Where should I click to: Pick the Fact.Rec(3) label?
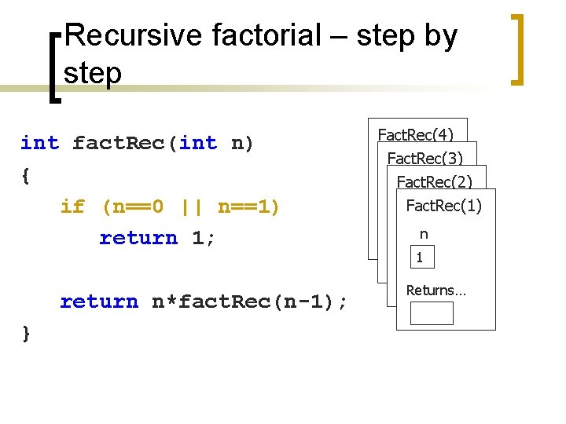(425, 159)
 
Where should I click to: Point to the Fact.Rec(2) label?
(435, 182)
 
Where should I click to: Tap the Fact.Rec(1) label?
(443, 206)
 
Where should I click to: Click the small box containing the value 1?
(421, 258)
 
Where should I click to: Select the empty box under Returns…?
(432, 313)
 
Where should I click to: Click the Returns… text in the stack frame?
(436, 291)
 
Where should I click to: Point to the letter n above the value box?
(424, 234)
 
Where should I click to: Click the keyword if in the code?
(72, 207)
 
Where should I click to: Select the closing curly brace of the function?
(27, 333)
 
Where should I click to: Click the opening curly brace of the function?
(27, 175)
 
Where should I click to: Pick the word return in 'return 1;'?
(138, 238)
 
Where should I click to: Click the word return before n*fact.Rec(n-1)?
(99, 302)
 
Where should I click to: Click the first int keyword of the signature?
(39, 143)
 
